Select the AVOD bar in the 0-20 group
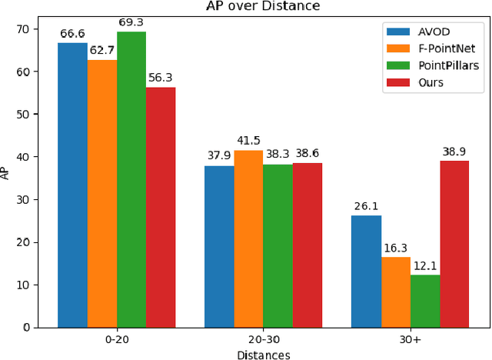[x=73, y=185]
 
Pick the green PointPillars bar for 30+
[x=424, y=301]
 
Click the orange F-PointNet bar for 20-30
[x=248, y=238]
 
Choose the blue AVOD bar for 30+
[x=366, y=271]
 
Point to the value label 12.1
[x=424, y=267]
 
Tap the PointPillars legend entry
[x=437, y=65]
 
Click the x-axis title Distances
[x=263, y=354]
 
